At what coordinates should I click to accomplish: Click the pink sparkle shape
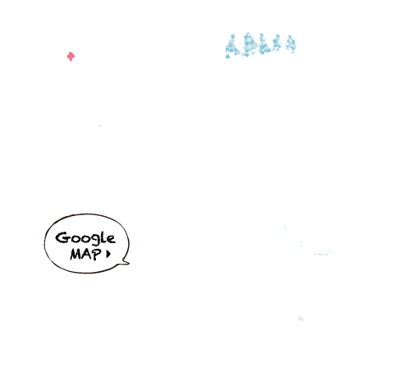pos(71,57)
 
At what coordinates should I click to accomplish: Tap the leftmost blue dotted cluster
pos(231,47)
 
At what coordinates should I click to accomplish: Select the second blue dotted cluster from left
pos(249,44)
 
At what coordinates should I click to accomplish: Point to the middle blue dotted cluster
pos(263,44)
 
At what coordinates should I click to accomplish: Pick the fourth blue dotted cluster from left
pos(277,43)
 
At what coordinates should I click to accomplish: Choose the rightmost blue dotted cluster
pos(291,44)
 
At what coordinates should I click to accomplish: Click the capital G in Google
pos(62,237)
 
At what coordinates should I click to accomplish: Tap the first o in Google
pos(74,239)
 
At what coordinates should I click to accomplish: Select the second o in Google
pos(84,239)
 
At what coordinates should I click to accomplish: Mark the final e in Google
pos(111,239)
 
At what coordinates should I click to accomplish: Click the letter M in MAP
pos(76,254)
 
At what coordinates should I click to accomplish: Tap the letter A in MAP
pos(88,255)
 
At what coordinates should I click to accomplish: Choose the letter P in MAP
pos(97,254)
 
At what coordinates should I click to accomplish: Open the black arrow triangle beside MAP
pos(108,254)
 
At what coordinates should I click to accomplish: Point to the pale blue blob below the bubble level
pos(300,318)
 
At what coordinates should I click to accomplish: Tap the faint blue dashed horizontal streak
pos(322,254)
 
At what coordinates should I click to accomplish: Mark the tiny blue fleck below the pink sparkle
pos(100,126)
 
